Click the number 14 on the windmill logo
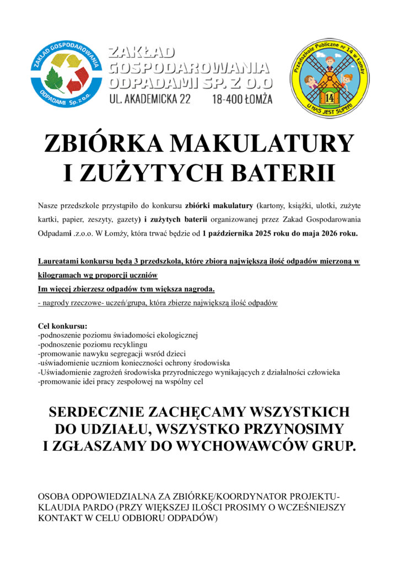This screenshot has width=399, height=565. (x=330, y=98)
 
